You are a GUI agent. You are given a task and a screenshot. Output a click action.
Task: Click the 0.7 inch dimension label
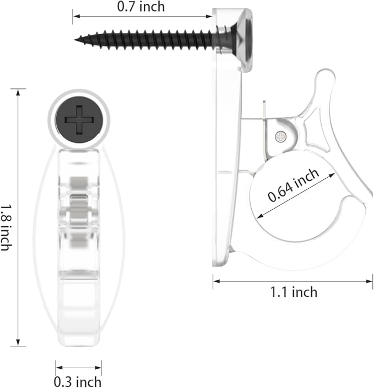point(141,7)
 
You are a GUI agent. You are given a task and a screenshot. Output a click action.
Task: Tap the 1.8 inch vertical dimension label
point(6,227)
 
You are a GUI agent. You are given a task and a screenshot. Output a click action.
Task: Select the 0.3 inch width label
point(78,381)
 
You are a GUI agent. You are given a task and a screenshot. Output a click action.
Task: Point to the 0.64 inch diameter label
point(293,185)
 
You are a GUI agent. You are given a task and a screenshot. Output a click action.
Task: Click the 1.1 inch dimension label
point(294,292)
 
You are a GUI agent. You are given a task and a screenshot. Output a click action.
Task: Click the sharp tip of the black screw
point(75,39)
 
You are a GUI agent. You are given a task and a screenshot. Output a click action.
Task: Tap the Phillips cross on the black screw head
point(79,120)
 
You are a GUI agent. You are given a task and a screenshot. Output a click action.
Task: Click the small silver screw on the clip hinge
point(281,136)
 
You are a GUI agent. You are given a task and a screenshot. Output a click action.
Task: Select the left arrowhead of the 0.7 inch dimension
point(77,17)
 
